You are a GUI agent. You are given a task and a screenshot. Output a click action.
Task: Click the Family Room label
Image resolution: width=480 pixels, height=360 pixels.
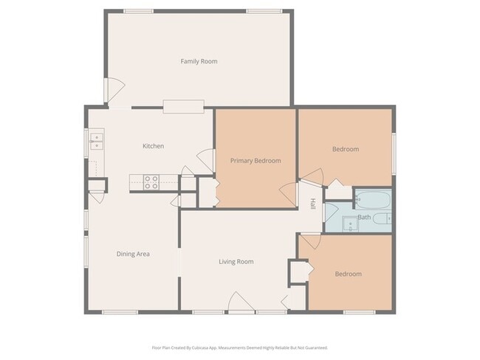[x=199, y=61]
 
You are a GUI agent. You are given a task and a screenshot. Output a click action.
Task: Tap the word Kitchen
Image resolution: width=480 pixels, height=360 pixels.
[x=153, y=146]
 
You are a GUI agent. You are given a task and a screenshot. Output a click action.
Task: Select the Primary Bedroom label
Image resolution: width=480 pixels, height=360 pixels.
[x=255, y=160]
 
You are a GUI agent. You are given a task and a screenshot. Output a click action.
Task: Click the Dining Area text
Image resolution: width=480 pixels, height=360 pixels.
[x=133, y=254]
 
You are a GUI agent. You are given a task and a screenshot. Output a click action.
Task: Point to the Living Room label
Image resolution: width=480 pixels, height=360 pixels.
[x=236, y=261]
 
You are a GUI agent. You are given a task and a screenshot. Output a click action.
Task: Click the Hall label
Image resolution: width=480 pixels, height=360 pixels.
[x=312, y=204]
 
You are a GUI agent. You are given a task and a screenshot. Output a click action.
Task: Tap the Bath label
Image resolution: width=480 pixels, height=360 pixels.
[x=364, y=217]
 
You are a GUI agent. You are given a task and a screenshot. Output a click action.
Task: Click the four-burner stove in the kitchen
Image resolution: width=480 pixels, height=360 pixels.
[x=151, y=181]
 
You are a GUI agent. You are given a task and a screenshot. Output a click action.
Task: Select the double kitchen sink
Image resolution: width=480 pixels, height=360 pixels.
[x=97, y=140]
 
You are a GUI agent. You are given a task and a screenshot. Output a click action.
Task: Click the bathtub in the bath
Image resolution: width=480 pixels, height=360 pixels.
[x=373, y=199]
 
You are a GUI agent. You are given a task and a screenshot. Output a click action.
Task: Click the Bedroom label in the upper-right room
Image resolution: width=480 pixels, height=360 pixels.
[x=345, y=149]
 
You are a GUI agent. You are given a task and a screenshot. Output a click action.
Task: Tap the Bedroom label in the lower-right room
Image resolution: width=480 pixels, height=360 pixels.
[x=348, y=274]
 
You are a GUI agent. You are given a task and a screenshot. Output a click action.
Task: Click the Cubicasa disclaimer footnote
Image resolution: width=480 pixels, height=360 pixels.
[x=239, y=347]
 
